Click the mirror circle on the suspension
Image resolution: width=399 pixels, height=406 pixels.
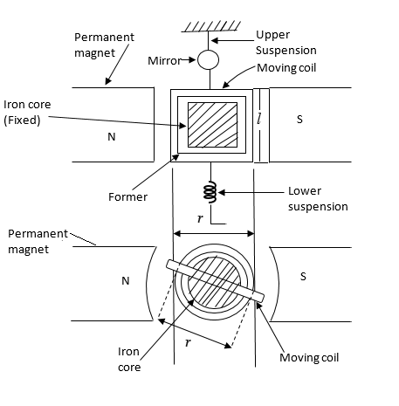[x=208, y=59]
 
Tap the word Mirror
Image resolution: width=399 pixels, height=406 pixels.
[x=164, y=61]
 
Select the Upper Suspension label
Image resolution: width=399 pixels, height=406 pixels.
[x=286, y=43]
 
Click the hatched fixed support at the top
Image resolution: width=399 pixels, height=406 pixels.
[x=211, y=26]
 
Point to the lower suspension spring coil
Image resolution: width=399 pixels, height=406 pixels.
[x=210, y=191]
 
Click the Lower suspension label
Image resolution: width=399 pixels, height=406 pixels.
[x=318, y=199]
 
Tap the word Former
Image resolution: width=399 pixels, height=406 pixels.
[x=127, y=197]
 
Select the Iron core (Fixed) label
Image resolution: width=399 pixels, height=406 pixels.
[x=27, y=113]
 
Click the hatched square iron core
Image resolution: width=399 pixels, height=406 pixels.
[x=212, y=125]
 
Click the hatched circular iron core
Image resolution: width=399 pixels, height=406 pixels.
[x=214, y=283]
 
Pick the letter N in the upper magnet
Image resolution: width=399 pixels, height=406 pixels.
[x=112, y=136]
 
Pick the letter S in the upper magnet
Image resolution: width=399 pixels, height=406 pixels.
[x=299, y=119]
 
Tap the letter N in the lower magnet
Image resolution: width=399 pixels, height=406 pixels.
[x=126, y=281]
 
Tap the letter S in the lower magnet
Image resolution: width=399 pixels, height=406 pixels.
[x=303, y=276]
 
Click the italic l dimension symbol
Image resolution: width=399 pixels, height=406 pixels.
[x=258, y=119]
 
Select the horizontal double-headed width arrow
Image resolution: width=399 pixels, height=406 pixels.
[x=214, y=233]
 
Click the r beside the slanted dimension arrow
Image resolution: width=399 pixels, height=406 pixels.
[x=188, y=342]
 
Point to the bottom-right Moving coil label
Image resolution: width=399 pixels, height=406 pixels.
[x=309, y=358]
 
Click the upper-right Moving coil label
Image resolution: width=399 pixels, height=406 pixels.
[x=286, y=68]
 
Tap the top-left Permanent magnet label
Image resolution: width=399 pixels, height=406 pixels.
[x=104, y=45]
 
